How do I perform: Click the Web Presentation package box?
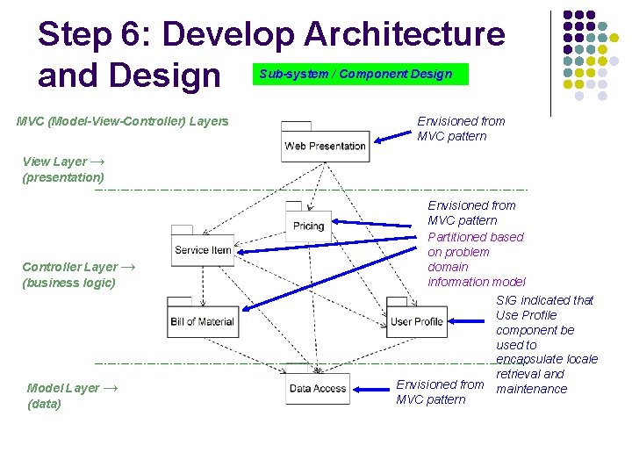click(325, 146)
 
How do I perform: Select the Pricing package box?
click(308, 226)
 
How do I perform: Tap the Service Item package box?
click(203, 250)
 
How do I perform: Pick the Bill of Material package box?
click(202, 321)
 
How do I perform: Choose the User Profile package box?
click(416, 321)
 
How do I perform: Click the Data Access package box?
click(317, 389)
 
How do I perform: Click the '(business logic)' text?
click(68, 283)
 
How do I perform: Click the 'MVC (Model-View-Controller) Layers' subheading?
click(122, 120)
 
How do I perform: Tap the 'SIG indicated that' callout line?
click(544, 300)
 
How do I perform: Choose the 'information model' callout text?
click(476, 282)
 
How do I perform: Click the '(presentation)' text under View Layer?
click(63, 177)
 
